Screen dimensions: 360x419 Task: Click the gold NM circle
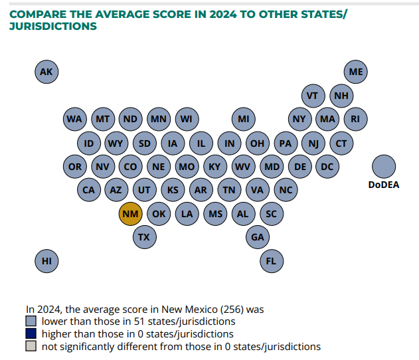[130, 214]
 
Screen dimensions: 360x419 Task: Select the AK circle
[46, 72]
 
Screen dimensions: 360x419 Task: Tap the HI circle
[46, 261]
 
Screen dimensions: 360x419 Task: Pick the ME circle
[356, 72]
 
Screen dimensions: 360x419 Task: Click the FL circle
[271, 261]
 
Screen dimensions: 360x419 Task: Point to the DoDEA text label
[383, 185]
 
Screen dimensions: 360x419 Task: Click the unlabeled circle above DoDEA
[383, 166]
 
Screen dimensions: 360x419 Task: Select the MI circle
[243, 119]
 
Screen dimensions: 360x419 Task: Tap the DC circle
[327, 166]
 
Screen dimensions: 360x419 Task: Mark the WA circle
[74, 119]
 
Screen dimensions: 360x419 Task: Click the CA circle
[88, 190]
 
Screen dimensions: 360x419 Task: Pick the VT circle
[313, 96]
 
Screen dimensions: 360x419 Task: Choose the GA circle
[257, 237]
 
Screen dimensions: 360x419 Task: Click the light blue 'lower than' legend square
[31, 321]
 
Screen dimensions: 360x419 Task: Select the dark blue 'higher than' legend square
[31, 334]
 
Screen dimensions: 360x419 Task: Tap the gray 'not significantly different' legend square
[31, 347]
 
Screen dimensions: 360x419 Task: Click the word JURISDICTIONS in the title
[52, 27]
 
